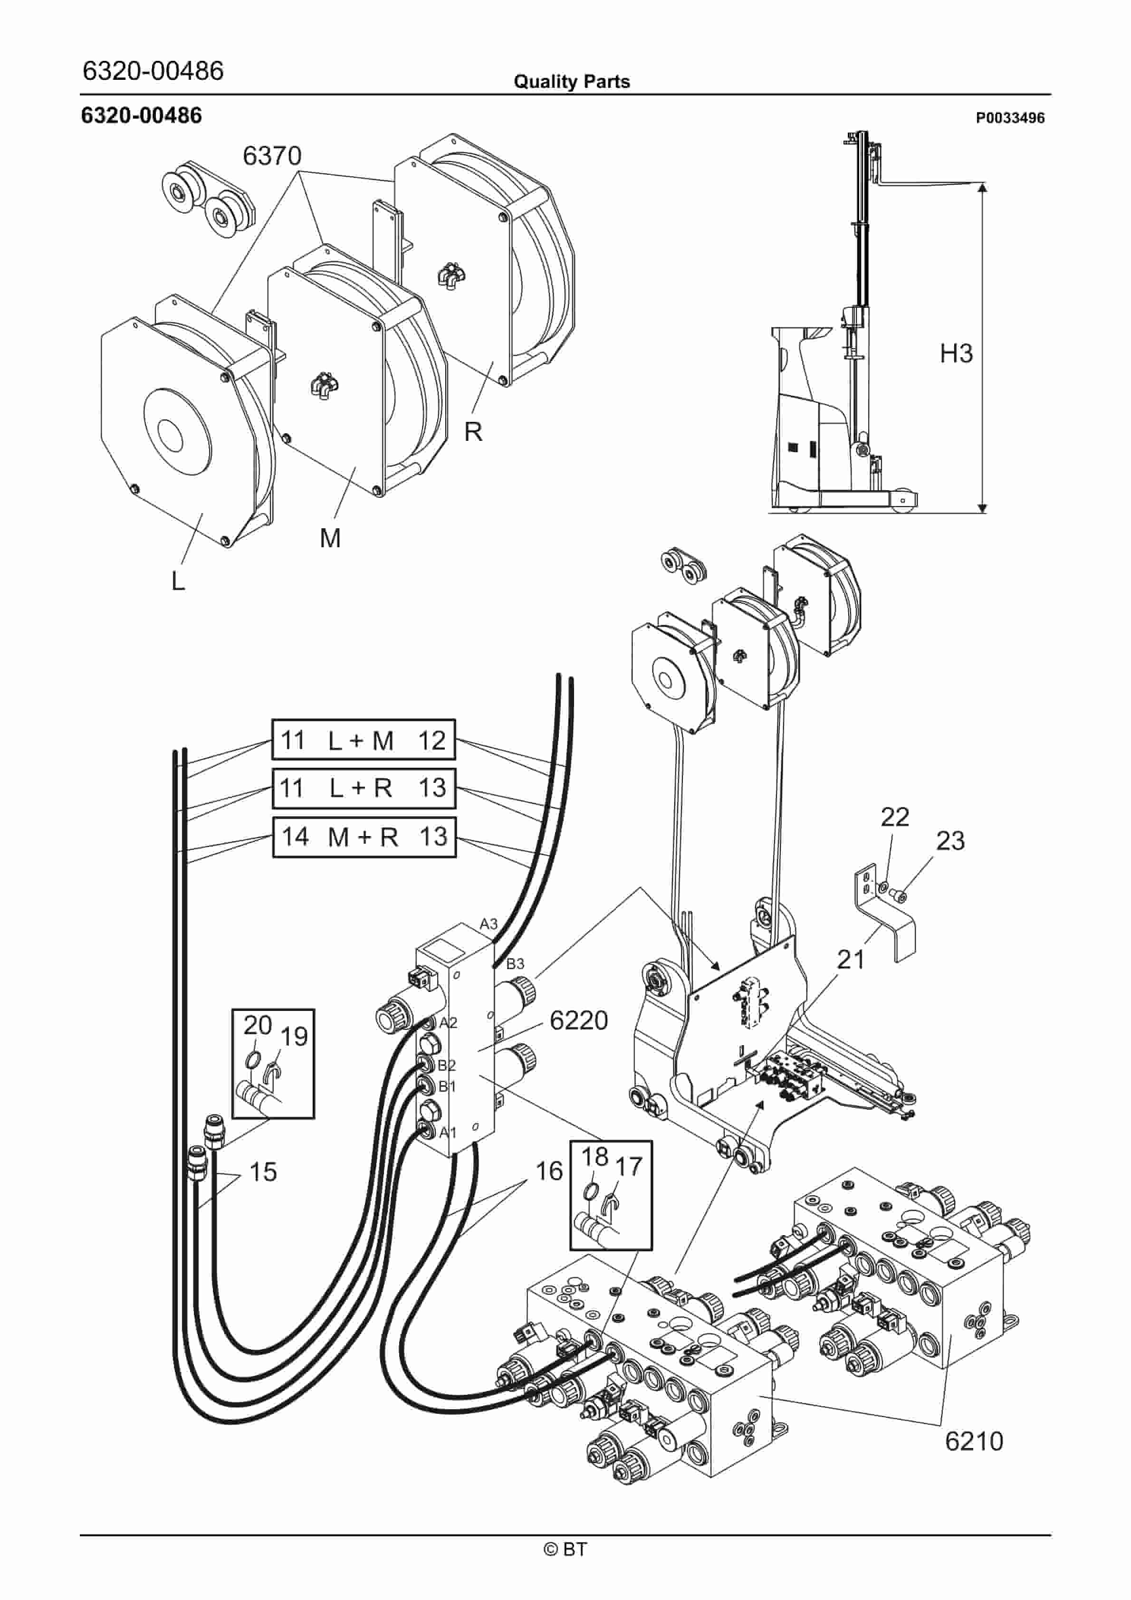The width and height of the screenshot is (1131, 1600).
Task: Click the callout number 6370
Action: click(272, 155)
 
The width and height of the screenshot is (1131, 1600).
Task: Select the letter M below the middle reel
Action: click(331, 538)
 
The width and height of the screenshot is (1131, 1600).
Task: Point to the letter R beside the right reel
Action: click(473, 432)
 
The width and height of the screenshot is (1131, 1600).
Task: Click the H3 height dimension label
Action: click(956, 353)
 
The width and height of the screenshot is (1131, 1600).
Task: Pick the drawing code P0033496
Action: click(1010, 118)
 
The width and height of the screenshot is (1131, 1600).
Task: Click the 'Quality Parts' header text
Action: click(572, 82)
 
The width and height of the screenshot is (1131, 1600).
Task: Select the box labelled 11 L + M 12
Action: click(363, 739)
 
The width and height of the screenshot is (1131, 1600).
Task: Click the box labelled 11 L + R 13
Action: click(363, 788)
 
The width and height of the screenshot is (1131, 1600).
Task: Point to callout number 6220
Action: click(579, 1020)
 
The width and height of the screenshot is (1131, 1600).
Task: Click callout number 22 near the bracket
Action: click(895, 817)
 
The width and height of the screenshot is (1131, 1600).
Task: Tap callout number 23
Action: click(950, 841)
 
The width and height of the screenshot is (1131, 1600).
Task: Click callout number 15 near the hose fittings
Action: click(263, 1171)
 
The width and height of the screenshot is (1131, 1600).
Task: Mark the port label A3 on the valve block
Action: click(489, 924)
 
